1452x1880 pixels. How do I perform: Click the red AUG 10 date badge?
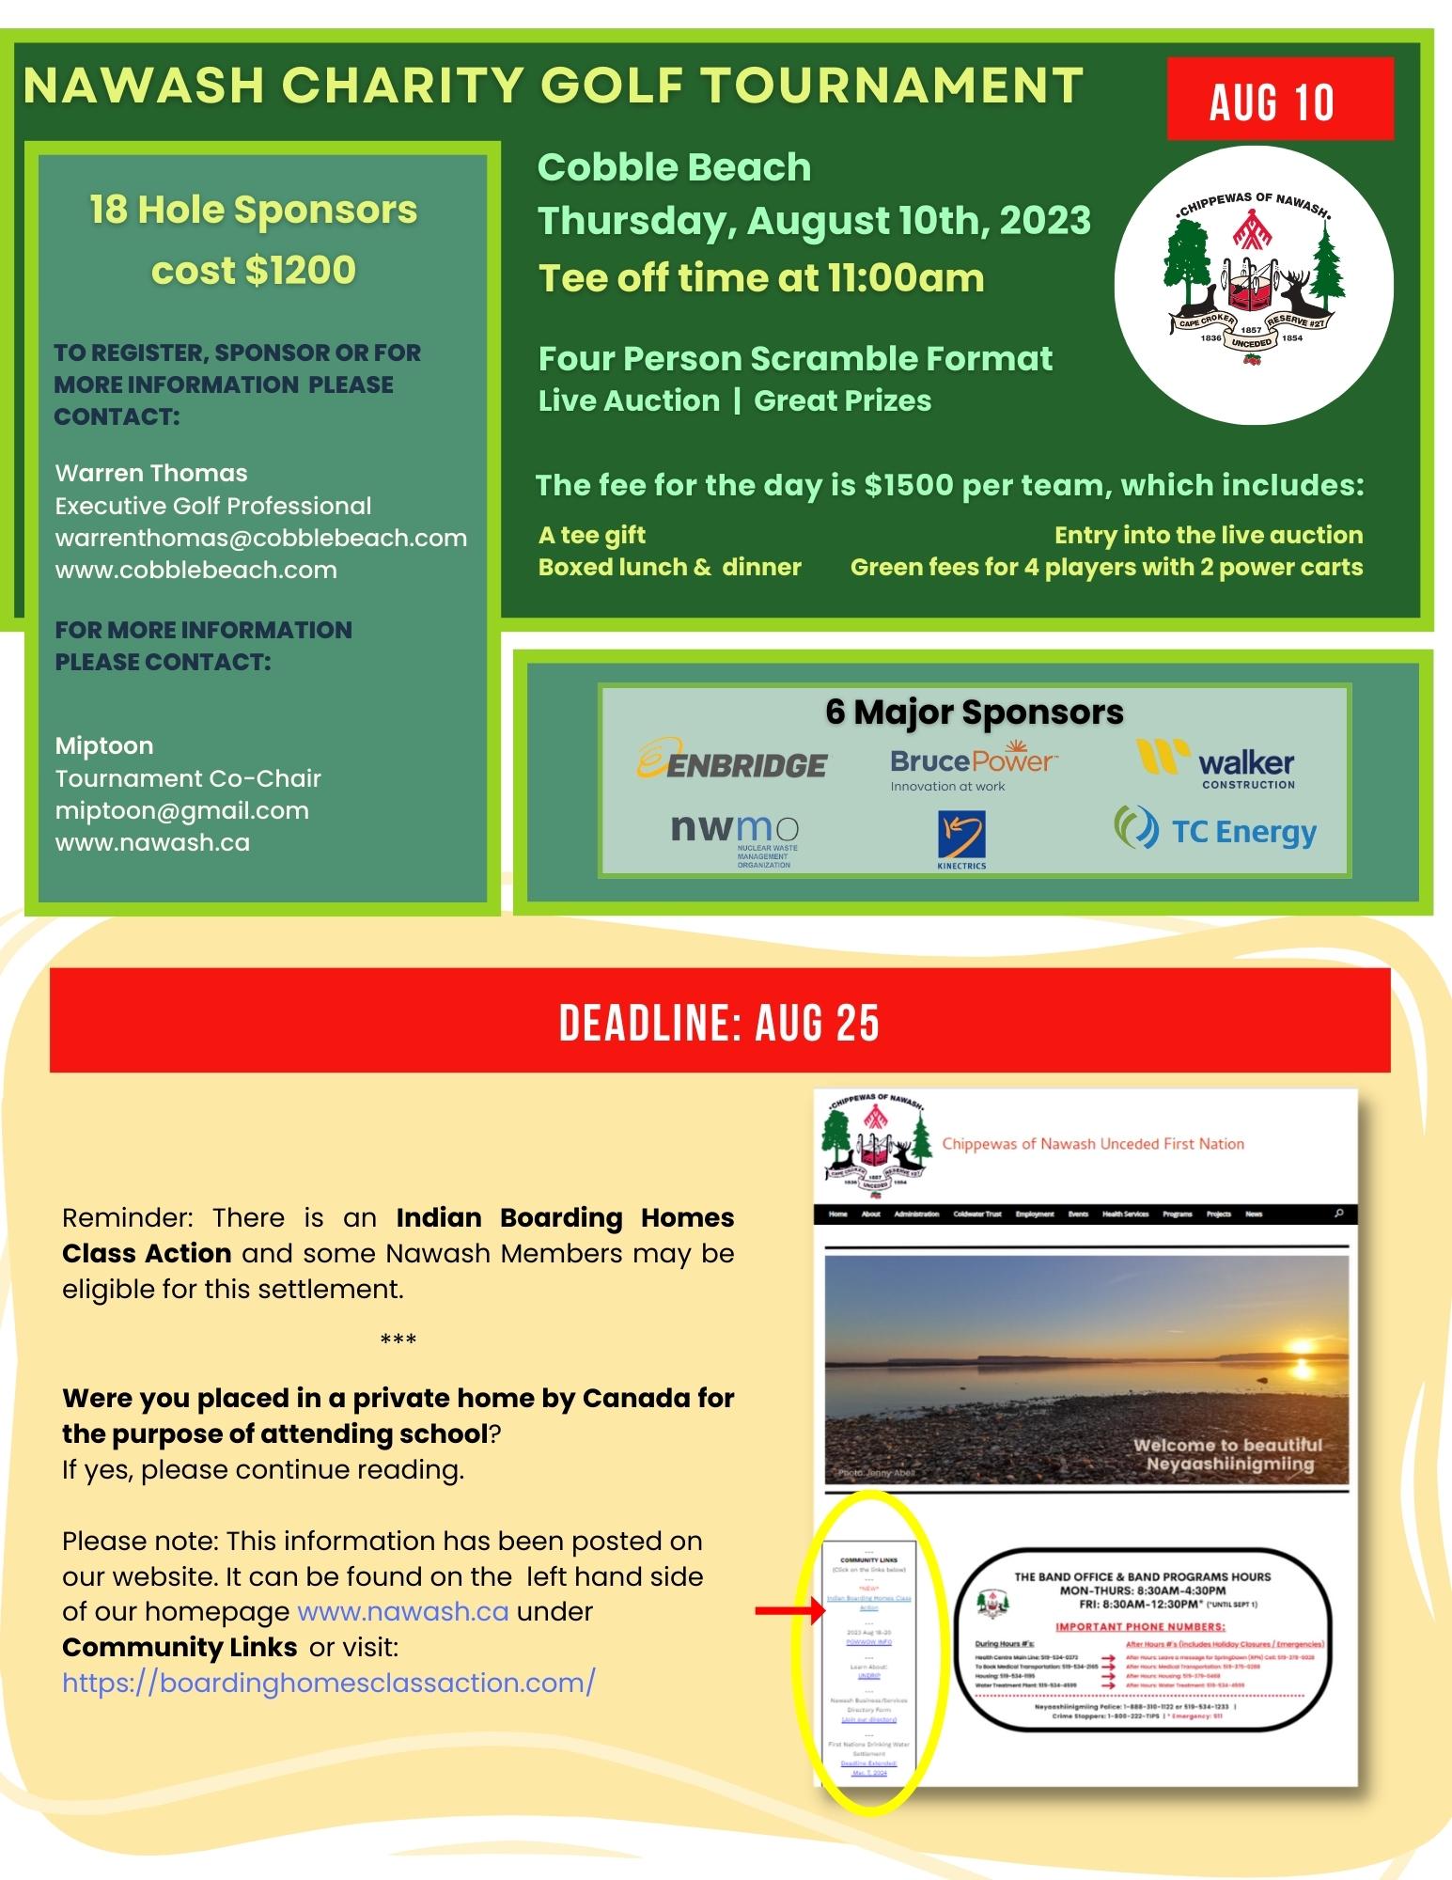1279,100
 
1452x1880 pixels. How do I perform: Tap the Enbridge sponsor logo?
733,760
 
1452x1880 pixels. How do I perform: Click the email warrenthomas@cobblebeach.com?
261,538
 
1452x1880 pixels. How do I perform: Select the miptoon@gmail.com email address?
182,810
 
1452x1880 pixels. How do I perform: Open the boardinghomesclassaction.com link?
329,1682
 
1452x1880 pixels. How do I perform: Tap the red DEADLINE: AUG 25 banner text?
720,1022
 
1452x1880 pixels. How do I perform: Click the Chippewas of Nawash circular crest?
1253,285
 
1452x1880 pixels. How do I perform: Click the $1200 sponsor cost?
300,271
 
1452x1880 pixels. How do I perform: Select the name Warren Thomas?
151,473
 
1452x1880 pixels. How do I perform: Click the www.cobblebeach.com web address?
195,570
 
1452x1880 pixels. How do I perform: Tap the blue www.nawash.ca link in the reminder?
403,1611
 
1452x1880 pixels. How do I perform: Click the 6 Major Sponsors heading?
975,712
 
